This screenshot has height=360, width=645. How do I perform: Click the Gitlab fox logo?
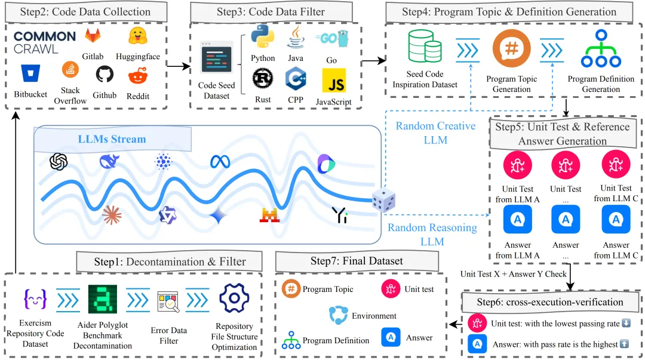coord(93,36)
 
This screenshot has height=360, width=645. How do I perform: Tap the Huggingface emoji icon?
coord(138,36)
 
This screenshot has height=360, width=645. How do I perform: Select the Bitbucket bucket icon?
coord(30,73)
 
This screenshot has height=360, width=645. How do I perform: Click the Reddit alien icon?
coord(138,76)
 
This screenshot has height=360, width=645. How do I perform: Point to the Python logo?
coord(263,36)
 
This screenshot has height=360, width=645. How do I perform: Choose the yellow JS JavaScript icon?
coord(334,81)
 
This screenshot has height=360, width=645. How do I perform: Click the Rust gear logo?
coord(263,79)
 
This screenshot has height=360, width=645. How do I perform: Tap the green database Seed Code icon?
coord(425,47)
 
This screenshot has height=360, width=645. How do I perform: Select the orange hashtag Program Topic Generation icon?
coord(512,48)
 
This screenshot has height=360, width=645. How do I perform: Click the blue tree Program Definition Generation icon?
coord(601,48)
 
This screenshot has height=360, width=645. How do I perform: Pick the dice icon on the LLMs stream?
coord(383,201)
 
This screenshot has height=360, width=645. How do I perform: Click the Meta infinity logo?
coord(220,162)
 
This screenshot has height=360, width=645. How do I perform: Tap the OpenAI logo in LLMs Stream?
coord(59,161)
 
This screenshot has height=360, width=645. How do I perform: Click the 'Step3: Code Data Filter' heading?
coord(271,12)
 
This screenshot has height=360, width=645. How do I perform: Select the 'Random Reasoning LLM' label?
coord(432,235)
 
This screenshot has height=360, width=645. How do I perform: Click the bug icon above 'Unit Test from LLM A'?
coord(517,165)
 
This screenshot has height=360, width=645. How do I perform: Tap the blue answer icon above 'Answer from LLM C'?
coord(616,219)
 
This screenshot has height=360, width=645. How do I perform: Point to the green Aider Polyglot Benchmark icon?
coord(103,299)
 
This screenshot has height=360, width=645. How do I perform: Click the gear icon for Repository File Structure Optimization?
coord(234,298)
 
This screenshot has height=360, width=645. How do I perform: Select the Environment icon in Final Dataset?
coord(338,315)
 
